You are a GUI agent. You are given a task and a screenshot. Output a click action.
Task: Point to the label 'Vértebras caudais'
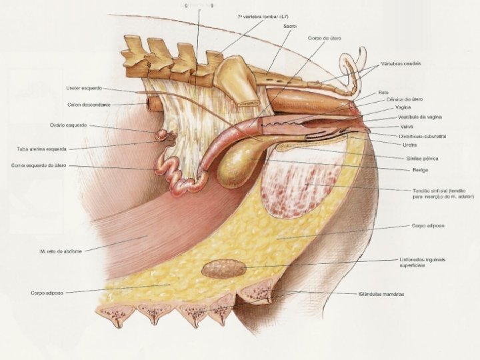click(x=401, y=64)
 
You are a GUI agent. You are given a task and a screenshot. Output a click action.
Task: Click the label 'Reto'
click(x=383, y=92)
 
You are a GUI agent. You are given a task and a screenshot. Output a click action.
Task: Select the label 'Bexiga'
click(x=420, y=170)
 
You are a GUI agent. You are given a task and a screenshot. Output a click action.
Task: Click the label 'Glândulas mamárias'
click(x=381, y=293)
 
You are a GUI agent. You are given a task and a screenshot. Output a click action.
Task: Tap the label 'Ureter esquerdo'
click(x=84, y=87)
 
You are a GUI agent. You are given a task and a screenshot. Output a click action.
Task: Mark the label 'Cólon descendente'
click(x=89, y=105)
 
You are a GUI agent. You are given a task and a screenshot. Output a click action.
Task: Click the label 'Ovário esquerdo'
click(x=69, y=125)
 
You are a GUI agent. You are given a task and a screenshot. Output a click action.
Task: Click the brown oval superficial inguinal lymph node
click(x=224, y=269)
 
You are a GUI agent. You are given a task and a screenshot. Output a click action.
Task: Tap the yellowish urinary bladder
click(x=237, y=167)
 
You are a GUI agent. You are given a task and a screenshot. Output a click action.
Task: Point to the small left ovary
click(x=162, y=135)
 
